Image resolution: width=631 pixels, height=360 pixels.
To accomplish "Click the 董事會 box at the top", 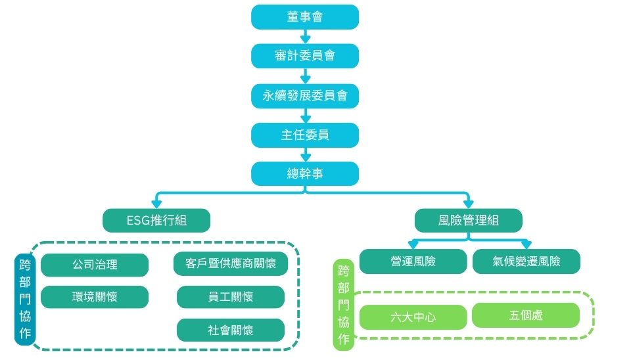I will click(x=305, y=17).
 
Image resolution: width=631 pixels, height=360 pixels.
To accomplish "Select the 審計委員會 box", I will click(x=305, y=56).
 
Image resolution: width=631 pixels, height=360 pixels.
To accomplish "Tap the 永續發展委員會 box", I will click(x=305, y=96).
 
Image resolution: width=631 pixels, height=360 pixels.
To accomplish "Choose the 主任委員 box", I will click(x=305, y=135).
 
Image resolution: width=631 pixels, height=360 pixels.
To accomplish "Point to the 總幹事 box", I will click(x=305, y=174).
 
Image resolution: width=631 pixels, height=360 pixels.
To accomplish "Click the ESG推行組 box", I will click(x=156, y=221).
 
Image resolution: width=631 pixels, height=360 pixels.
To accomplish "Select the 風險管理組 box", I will click(x=469, y=221).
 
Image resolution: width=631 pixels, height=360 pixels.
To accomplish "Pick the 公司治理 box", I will click(x=95, y=265).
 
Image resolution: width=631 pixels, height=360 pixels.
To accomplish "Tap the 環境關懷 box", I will click(x=95, y=297).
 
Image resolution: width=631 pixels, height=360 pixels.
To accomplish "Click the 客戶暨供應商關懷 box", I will click(x=231, y=264).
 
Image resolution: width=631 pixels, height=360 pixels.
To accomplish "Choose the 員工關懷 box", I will click(x=231, y=297).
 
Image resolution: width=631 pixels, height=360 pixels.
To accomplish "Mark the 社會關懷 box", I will click(x=231, y=330).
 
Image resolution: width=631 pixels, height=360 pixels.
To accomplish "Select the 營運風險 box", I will click(x=412, y=261).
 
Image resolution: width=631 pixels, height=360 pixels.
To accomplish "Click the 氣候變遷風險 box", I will click(x=526, y=261).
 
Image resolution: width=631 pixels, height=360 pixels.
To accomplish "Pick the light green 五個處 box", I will click(x=526, y=315).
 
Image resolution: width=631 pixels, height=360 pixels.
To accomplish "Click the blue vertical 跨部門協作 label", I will click(x=25, y=299).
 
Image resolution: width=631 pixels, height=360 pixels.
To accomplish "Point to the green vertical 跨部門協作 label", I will click(x=343, y=305).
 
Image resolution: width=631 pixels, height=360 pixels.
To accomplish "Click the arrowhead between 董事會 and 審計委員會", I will click(x=305, y=39).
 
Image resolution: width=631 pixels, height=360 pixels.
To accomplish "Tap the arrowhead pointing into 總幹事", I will click(x=305, y=157).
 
